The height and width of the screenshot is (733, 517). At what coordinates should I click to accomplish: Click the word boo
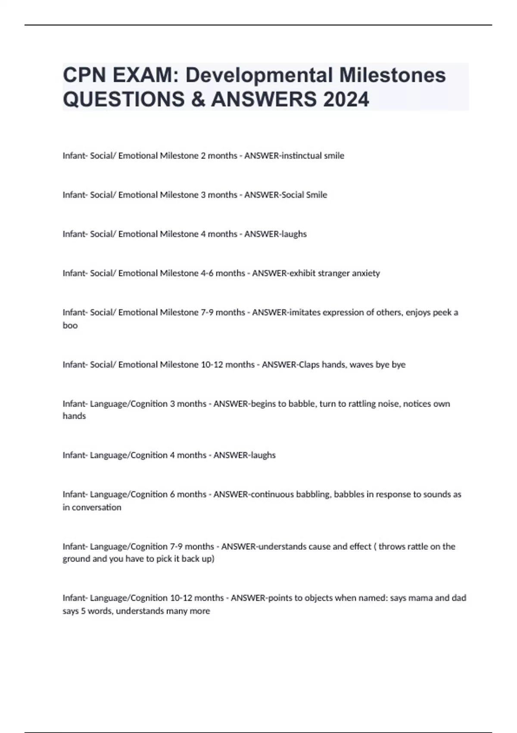70,326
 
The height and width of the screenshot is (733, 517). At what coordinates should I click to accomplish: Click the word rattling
358,404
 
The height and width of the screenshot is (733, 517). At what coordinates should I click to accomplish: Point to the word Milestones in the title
392,75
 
